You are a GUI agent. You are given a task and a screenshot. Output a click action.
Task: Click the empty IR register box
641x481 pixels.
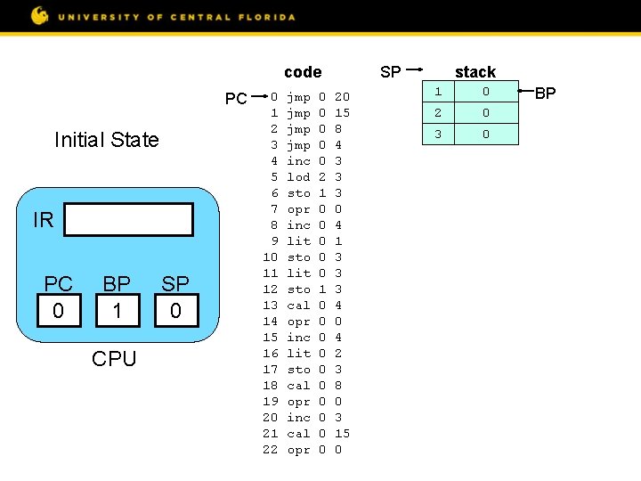[x=129, y=220]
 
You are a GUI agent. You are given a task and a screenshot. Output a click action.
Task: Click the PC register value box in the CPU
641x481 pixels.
[x=59, y=311]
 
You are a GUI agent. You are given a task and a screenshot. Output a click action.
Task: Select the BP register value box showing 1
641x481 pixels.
[x=118, y=311]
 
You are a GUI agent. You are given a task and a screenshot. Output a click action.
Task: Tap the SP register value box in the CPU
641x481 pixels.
[x=175, y=311]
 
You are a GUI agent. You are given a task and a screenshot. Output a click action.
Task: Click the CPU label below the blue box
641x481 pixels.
[x=115, y=359]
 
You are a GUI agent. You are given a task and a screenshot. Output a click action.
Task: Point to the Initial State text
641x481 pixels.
[x=106, y=140]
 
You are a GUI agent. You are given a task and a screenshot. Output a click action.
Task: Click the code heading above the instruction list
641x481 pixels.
[x=303, y=72]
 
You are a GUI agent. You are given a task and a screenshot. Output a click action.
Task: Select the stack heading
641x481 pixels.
[x=475, y=72]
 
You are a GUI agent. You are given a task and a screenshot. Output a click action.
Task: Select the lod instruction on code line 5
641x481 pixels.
[x=298, y=177]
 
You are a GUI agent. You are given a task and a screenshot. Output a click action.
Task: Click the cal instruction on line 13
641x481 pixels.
[x=298, y=306]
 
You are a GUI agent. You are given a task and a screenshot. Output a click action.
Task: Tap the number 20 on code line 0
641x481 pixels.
[x=342, y=96]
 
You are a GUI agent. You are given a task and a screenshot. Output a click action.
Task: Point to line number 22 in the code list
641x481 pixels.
[x=271, y=450]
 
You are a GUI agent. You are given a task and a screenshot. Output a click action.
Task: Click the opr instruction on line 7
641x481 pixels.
[x=298, y=209]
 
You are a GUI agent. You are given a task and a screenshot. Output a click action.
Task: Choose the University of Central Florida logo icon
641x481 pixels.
[x=40, y=15]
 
